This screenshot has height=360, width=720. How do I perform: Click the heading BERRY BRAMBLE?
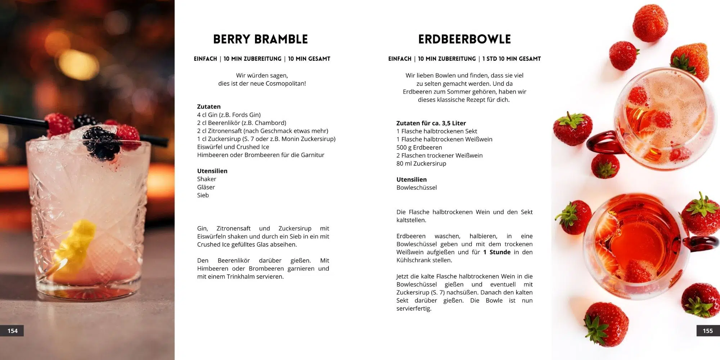point(260,39)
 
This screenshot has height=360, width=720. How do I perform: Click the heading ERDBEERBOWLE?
point(464,39)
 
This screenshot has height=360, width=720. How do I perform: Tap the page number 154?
point(13,331)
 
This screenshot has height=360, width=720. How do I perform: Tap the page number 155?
point(707,331)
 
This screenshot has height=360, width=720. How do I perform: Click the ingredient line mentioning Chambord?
point(242,123)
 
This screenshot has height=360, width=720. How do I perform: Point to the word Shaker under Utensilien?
point(207,179)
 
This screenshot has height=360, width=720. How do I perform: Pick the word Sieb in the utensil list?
point(203,195)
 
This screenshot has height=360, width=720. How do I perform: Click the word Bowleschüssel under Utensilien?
point(417,188)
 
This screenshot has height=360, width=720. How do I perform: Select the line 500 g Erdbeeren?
point(419,147)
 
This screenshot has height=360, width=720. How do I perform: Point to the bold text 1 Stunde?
point(497,252)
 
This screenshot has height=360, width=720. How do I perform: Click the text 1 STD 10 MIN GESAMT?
point(512,59)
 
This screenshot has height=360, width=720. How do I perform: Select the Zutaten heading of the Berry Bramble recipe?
point(209,107)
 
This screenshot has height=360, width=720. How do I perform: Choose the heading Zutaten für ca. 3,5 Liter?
point(431,123)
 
